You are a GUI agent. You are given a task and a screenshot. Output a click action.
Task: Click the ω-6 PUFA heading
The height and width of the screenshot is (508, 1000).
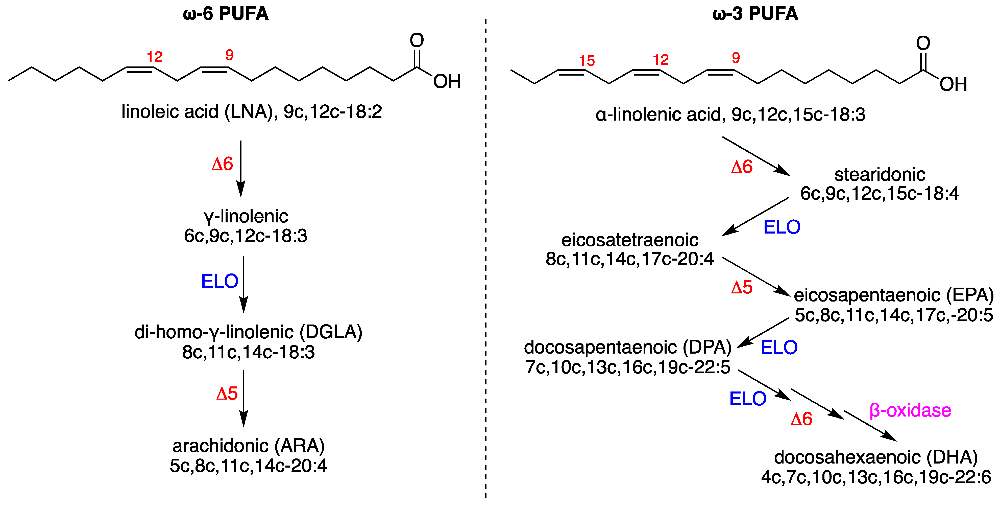[x=226, y=14]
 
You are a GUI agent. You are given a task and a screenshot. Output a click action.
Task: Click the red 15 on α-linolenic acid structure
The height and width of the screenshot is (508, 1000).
[x=587, y=61]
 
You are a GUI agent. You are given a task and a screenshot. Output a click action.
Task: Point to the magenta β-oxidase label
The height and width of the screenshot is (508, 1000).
[x=910, y=410]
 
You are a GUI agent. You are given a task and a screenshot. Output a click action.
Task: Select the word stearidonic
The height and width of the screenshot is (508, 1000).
[x=880, y=175]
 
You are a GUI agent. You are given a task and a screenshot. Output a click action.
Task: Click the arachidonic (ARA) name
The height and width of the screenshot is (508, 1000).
[x=249, y=446]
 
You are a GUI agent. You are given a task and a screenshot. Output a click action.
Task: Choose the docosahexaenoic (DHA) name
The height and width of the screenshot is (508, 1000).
[x=876, y=457]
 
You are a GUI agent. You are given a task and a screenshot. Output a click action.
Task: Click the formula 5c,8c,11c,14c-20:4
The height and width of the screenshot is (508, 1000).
[x=249, y=466]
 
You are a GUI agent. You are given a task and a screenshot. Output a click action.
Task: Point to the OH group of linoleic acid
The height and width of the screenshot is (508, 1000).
[x=447, y=82]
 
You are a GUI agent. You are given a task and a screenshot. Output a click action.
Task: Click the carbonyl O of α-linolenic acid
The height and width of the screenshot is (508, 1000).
[x=923, y=43]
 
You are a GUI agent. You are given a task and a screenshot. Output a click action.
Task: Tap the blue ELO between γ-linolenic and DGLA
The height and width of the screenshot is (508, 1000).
[x=219, y=281]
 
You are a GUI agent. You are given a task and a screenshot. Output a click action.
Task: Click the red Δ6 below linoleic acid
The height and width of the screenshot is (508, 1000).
[x=222, y=164]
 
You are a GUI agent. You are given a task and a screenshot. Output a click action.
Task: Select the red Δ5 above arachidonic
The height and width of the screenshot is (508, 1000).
[x=227, y=394]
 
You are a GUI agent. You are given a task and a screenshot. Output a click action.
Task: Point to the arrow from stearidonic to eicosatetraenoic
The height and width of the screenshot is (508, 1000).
[x=755, y=217]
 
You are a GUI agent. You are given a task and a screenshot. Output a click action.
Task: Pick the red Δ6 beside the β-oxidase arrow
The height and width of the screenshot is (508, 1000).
[x=801, y=419]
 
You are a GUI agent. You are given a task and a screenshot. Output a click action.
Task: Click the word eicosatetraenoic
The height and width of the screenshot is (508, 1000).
[x=630, y=240]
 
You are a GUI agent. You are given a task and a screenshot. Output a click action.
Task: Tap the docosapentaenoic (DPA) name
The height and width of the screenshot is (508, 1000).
[x=627, y=347]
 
